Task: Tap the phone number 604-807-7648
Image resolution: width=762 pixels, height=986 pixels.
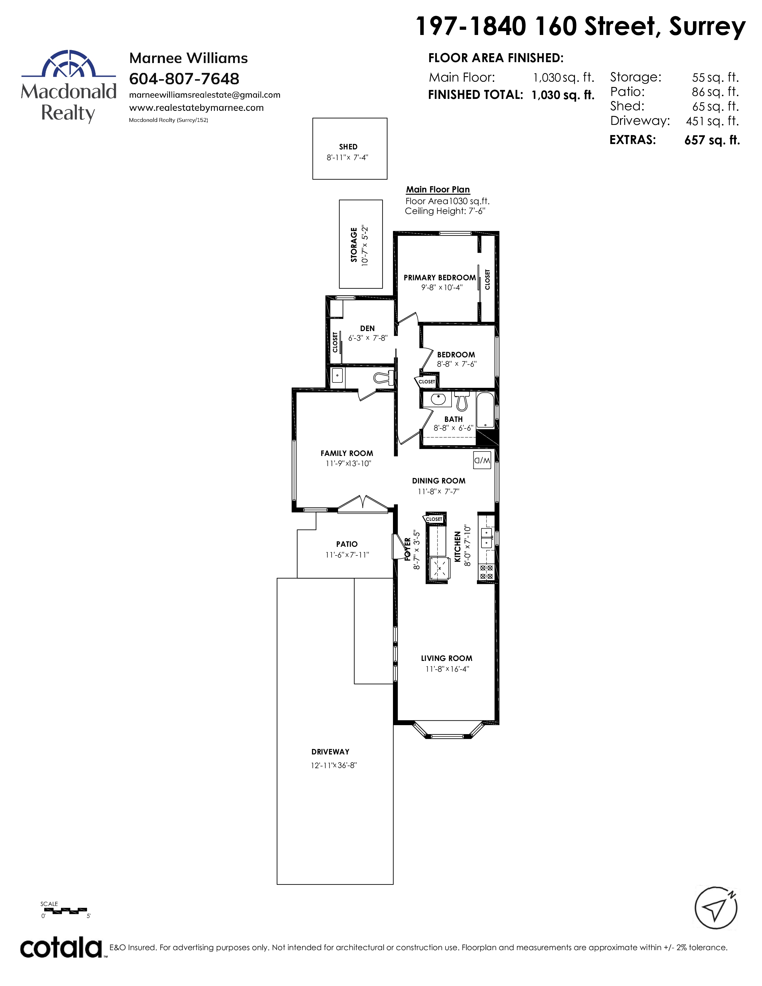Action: (x=184, y=79)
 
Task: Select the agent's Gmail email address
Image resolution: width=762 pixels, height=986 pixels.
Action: (x=204, y=95)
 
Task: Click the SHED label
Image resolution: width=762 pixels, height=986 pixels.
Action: (x=348, y=147)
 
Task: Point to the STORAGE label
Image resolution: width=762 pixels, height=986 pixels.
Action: (x=354, y=244)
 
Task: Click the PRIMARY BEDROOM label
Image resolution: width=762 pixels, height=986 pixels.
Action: (x=440, y=278)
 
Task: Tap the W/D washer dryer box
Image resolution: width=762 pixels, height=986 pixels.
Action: (x=482, y=460)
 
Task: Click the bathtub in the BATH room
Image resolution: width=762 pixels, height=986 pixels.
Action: (x=486, y=410)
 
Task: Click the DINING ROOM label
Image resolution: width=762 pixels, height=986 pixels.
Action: (x=439, y=481)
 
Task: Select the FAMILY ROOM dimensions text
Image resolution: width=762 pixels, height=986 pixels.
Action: (x=348, y=464)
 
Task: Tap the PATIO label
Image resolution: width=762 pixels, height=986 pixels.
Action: (x=347, y=544)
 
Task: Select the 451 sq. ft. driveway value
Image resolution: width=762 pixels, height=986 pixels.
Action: (x=712, y=121)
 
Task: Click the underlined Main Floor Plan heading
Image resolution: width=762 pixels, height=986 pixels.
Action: (x=438, y=190)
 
